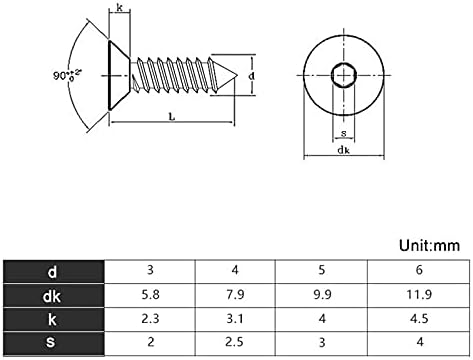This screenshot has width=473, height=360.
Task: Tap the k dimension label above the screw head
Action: [120, 10]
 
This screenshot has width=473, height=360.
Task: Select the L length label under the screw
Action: [172, 117]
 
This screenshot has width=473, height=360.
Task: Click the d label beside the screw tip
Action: [251, 76]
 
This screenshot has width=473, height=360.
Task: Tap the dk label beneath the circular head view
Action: [343, 152]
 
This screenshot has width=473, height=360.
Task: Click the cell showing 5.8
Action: [150, 296]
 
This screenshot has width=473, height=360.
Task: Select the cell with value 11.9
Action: [418, 296]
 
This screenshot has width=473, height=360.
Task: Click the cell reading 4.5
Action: [418, 320]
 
